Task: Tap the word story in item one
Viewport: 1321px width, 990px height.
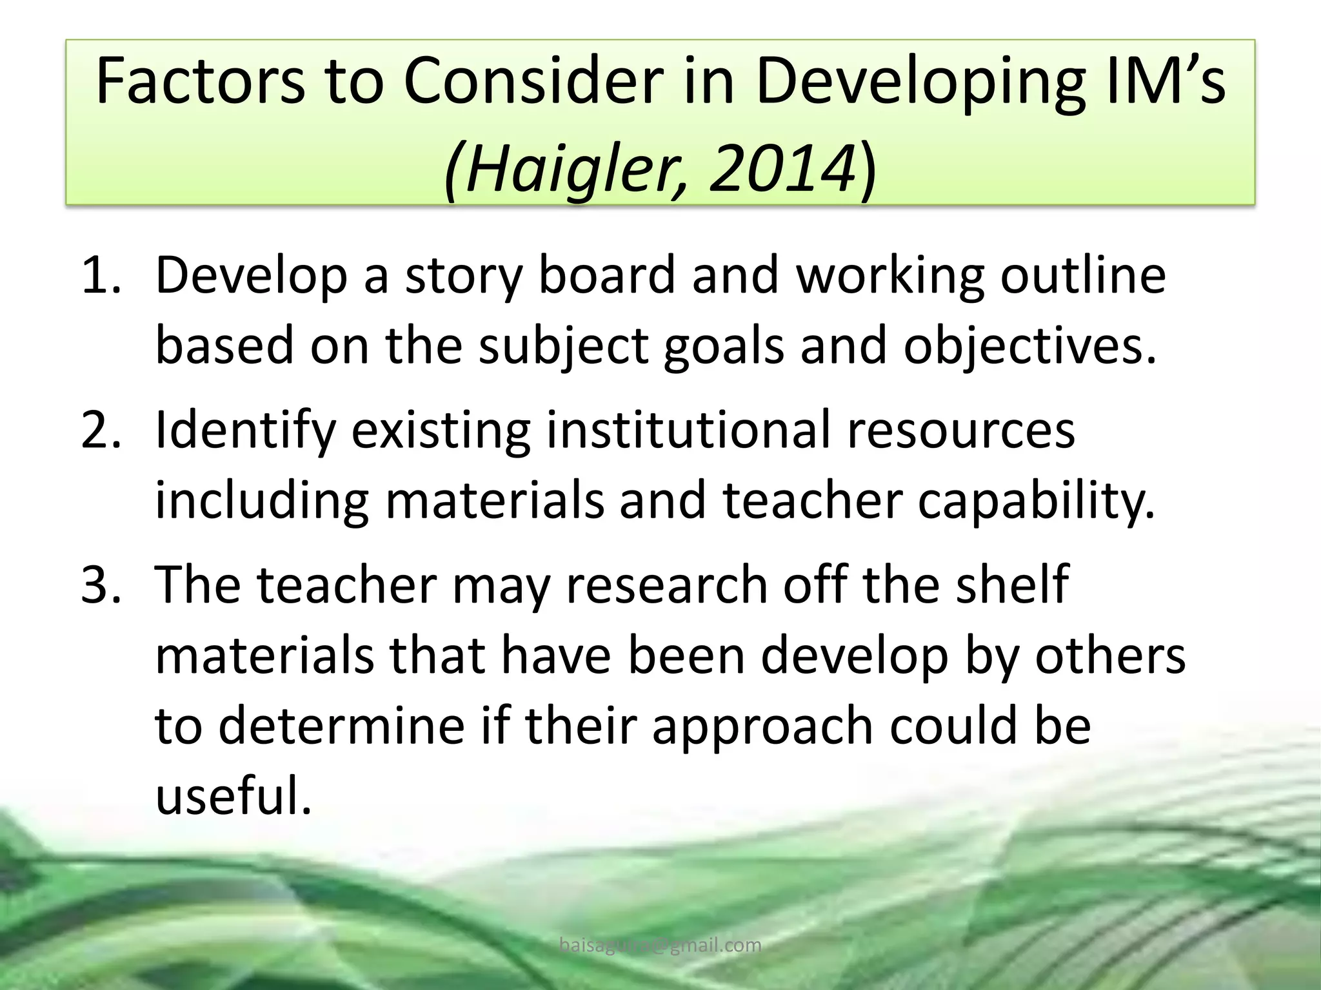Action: coord(462,276)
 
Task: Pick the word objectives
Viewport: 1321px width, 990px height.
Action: coord(1029,346)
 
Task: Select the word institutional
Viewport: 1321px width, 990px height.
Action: coord(688,430)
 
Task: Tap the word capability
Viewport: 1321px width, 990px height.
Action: coord(1036,502)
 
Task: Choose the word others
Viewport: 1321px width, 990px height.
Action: coord(1104,655)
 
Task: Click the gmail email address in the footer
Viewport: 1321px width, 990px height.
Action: coord(660,946)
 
